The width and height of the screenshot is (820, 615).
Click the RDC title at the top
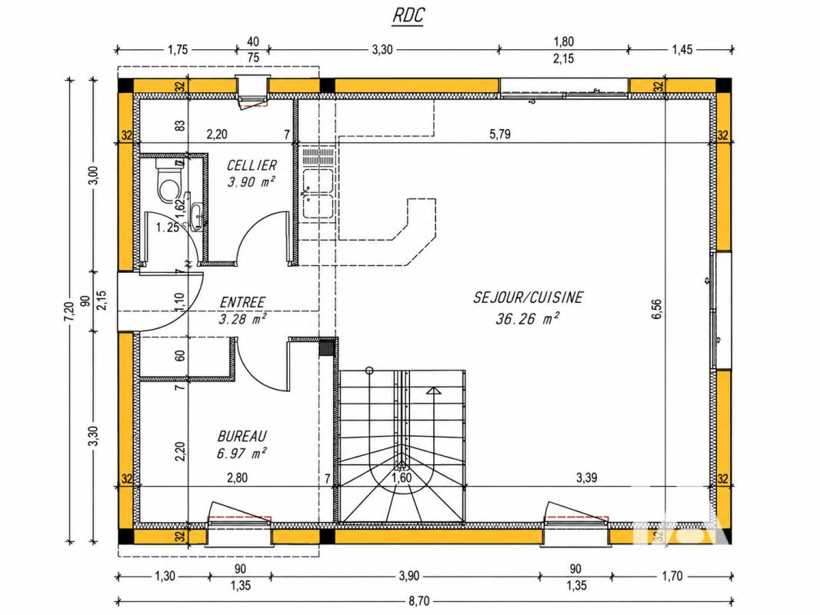(408, 15)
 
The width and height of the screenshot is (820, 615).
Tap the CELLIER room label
(252, 165)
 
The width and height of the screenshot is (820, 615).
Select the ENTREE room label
(242, 303)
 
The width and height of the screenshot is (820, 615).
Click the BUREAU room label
(242, 436)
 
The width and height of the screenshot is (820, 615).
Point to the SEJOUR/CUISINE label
(528, 298)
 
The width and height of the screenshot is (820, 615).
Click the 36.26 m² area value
(527, 318)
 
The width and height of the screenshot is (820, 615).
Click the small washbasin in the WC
(198, 217)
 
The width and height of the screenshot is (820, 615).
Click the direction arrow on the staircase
(434, 391)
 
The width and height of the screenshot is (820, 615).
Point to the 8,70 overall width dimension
(418, 601)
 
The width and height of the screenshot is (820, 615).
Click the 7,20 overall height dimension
(69, 311)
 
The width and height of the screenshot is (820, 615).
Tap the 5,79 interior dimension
(500, 135)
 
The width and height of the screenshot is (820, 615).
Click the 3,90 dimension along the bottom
(409, 576)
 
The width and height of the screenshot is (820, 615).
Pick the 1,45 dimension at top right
(682, 50)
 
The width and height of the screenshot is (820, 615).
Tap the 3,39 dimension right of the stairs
(587, 477)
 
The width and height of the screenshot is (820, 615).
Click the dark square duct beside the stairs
(326, 347)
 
